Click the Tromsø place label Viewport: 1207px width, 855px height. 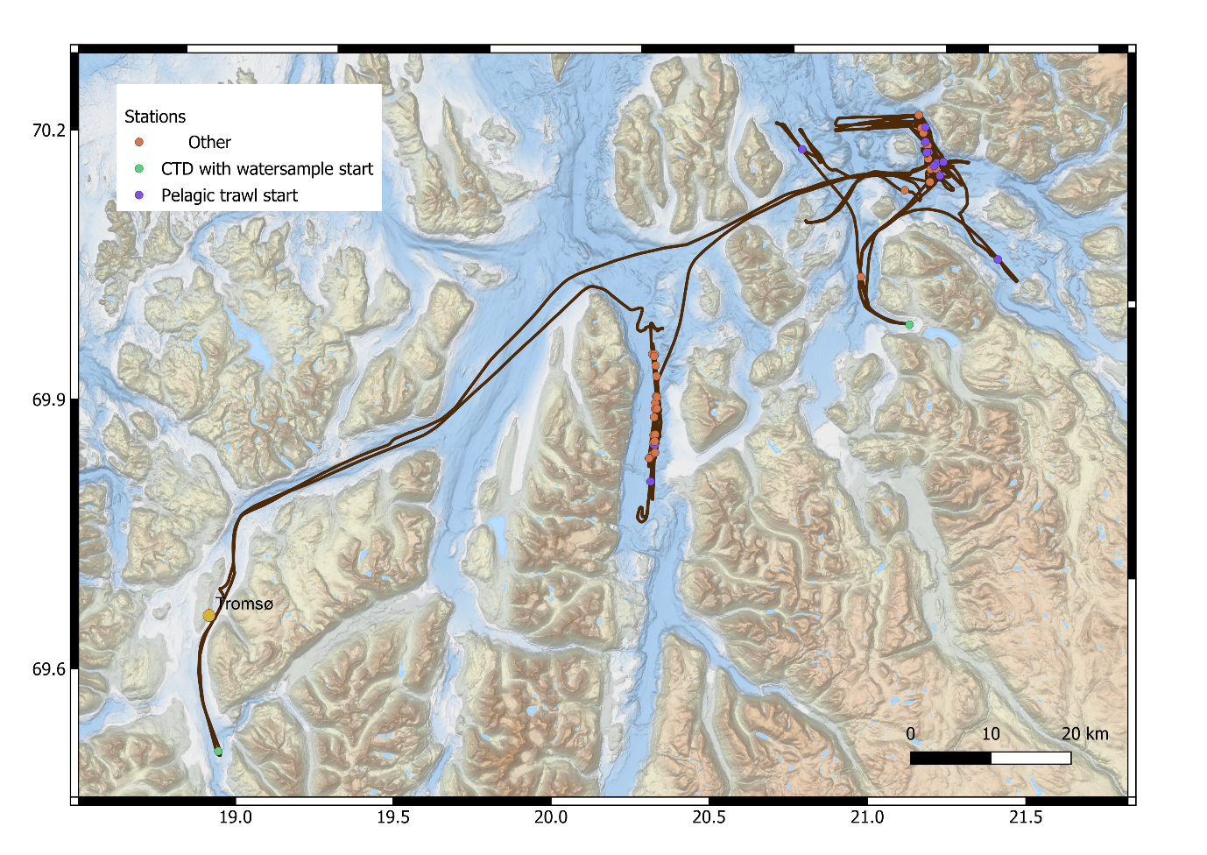244,604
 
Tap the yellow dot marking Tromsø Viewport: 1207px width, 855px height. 208,616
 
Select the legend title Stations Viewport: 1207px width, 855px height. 155,117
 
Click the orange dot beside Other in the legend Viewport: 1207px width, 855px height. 138,142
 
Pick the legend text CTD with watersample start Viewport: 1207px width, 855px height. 267,169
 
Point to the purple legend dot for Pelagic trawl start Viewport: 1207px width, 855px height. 138,194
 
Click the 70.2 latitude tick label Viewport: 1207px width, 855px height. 49,131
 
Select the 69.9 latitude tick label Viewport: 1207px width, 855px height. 49,400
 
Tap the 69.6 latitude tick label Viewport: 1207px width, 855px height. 49,669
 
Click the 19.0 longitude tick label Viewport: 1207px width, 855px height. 235,817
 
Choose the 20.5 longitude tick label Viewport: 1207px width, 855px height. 709,817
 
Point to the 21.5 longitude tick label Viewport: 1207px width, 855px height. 1026,817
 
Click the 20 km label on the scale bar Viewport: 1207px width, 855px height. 1084,734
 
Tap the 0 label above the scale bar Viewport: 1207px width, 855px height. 911,734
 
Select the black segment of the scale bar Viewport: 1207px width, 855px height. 950,758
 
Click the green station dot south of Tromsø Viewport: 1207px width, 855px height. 218,752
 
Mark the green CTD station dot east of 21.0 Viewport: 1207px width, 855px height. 909,325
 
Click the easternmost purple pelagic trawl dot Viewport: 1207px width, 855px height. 998,259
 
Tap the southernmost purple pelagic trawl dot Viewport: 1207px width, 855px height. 651,481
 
